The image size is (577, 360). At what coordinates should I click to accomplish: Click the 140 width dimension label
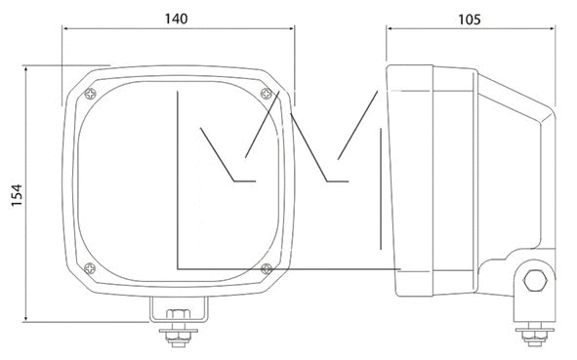[x=176, y=19]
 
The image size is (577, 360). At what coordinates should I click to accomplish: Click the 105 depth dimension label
[x=470, y=20]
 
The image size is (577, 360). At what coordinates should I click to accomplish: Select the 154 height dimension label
[x=17, y=195]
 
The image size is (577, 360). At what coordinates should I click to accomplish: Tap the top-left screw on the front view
[x=90, y=94]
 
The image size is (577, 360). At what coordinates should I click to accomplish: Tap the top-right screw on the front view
[x=267, y=94]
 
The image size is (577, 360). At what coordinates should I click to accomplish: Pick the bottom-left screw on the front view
[x=90, y=268]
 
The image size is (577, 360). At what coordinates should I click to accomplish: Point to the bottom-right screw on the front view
[x=267, y=268]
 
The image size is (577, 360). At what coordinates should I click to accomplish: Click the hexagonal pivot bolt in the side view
[x=535, y=281]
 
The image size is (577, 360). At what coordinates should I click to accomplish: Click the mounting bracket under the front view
[x=179, y=309]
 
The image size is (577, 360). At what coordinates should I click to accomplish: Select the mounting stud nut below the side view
[x=534, y=337]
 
